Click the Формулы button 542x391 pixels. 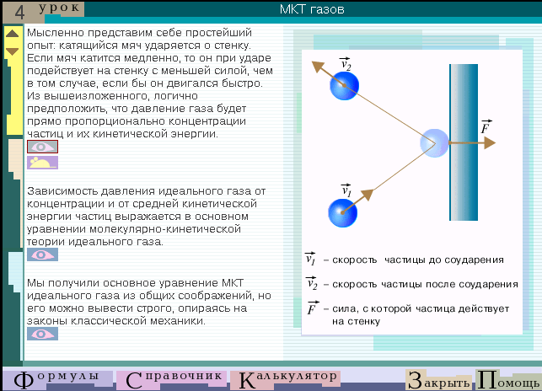pos(57,379)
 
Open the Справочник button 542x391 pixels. pos(172,379)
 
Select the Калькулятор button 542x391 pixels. pos(286,379)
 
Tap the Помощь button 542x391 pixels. pos(508,380)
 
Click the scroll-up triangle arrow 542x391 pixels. pos(12,33)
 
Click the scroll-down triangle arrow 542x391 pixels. pos(12,51)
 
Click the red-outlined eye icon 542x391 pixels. pos(42,147)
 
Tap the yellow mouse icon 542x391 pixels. pos(42,163)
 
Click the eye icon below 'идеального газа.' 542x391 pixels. pos(42,254)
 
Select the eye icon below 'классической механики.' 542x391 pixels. pos(42,334)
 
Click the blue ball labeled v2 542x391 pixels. pos(344,86)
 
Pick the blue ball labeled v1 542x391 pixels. pos(342,212)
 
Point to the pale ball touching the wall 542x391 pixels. pos(434,142)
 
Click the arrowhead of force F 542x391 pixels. pos(490,142)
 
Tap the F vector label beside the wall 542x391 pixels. pos(486,126)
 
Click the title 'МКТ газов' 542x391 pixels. pos(312,9)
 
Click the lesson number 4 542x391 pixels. pos(19,12)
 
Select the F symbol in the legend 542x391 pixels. pos(312,308)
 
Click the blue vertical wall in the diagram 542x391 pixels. pos(464,142)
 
